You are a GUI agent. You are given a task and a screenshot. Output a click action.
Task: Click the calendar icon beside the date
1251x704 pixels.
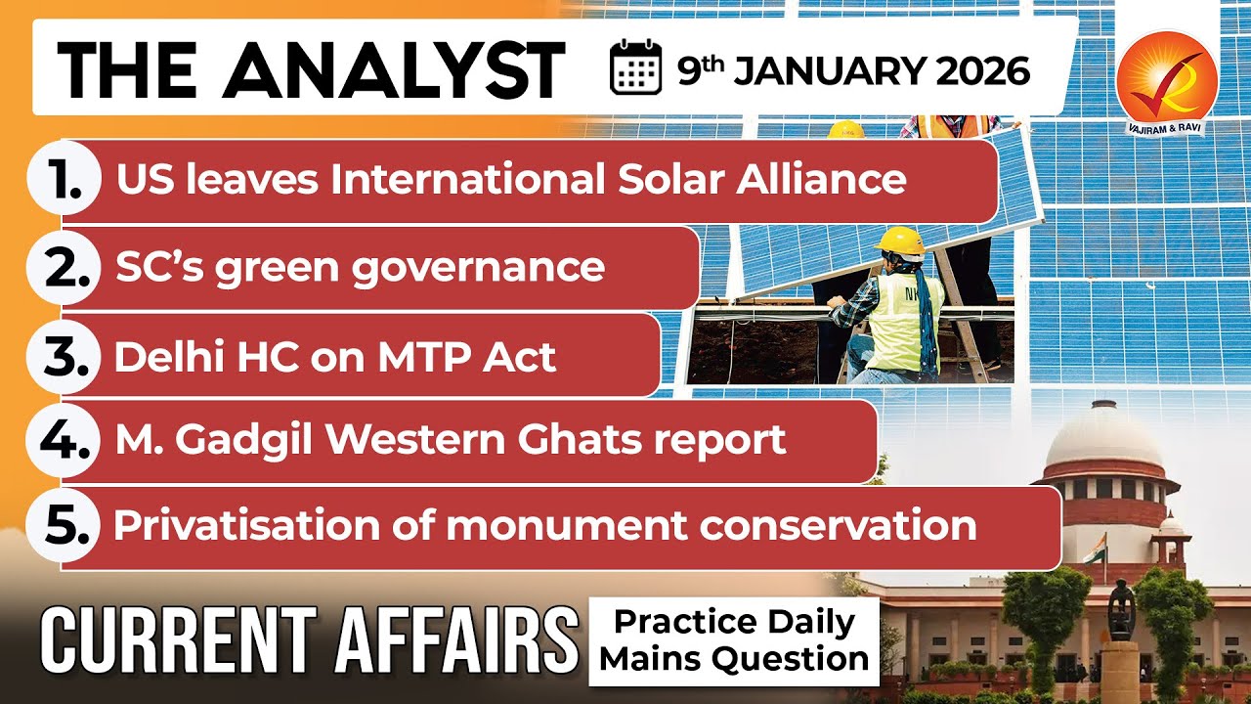coord(635,70)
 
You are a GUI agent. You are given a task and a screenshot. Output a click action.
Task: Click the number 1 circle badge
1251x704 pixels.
coord(66,180)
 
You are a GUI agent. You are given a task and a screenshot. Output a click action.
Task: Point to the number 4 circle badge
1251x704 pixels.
coord(66,441)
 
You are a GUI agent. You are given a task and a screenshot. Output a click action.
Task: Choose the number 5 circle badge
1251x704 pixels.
coord(66,526)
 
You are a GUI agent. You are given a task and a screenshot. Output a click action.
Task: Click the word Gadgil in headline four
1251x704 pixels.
coord(247,441)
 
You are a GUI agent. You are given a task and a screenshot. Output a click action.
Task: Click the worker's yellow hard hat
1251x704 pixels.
coord(900,241)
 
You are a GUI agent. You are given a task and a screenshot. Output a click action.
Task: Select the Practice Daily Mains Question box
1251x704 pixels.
coord(734,641)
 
